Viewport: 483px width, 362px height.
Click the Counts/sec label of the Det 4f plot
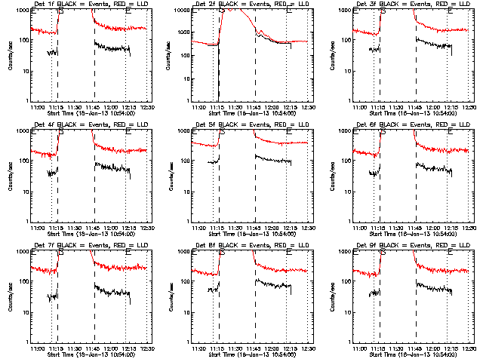(x=9, y=175)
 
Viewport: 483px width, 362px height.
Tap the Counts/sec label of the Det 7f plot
(x=9, y=296)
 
